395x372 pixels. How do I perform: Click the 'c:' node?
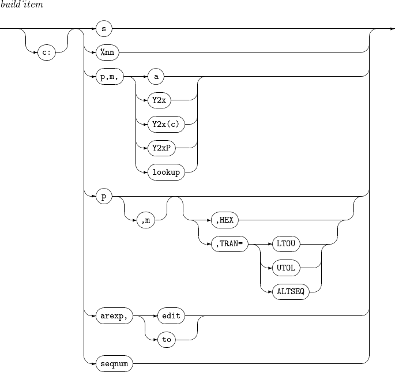tap(46, 51)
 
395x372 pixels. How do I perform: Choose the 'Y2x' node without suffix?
tap(159, 100)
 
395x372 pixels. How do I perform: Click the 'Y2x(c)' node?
tap(165, 123)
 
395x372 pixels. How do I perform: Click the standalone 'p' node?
tap(103, 196)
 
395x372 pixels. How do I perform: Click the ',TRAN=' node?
tap(229, 244)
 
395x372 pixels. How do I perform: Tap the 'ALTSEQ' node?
tap(291, 292)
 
